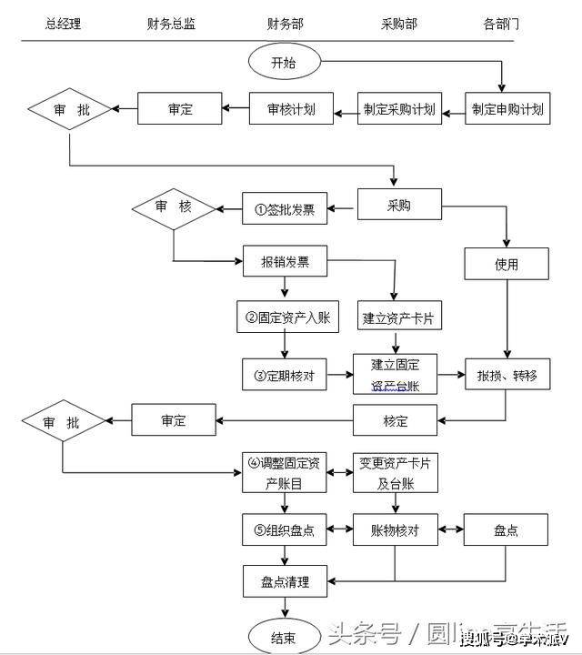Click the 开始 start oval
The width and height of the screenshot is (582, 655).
283,63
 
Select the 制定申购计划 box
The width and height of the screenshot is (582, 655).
507,110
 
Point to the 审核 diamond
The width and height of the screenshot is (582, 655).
173,208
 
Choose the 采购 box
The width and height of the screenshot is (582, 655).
398,206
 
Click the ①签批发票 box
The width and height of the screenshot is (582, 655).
285,208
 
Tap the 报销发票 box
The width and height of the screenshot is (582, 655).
285,263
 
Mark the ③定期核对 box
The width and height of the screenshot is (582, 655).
284,375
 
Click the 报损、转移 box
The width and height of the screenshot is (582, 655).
507,375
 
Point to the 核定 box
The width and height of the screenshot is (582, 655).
396,421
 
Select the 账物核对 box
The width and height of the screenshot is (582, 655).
396,529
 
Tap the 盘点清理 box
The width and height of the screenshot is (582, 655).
286,581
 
